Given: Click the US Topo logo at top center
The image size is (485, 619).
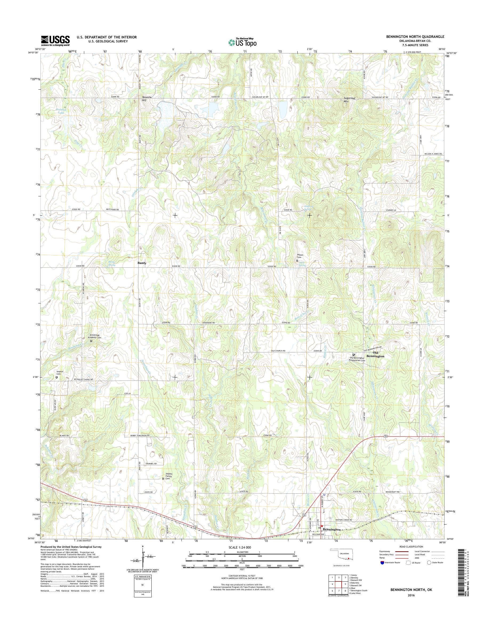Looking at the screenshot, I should (242, 42).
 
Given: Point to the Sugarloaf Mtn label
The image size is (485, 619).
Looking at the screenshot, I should (346, 100).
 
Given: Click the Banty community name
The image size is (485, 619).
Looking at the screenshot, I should (142, 263).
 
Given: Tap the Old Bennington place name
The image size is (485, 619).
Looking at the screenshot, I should (375, 354).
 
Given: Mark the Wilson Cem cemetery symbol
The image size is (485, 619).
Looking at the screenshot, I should (297, 260).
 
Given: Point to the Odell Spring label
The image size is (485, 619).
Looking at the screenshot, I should (302, 264).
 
